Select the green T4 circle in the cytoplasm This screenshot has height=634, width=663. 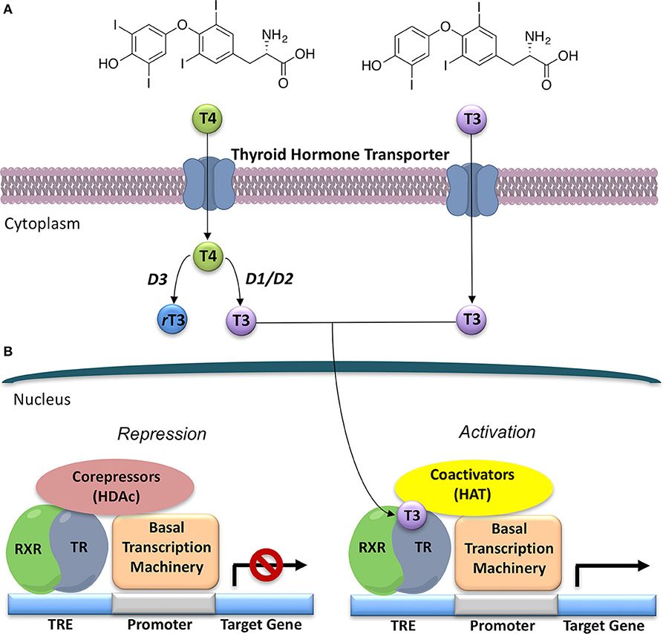point(209,256)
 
